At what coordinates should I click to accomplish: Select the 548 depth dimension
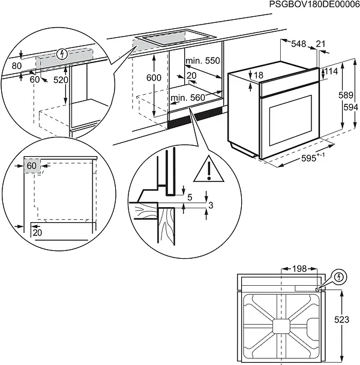(299, 44)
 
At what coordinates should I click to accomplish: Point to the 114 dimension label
(332, 72)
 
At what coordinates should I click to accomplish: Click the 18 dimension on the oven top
(258, 75)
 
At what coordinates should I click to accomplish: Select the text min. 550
(202, 61)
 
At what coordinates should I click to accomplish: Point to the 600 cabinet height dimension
(154, 78)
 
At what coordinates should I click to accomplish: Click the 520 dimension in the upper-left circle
(61, 79)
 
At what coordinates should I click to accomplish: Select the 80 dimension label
(17, 65)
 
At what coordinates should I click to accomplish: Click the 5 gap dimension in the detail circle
(190, 196)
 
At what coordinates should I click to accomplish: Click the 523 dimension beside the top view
(341, 320)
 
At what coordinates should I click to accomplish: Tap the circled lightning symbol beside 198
(340, 277)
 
